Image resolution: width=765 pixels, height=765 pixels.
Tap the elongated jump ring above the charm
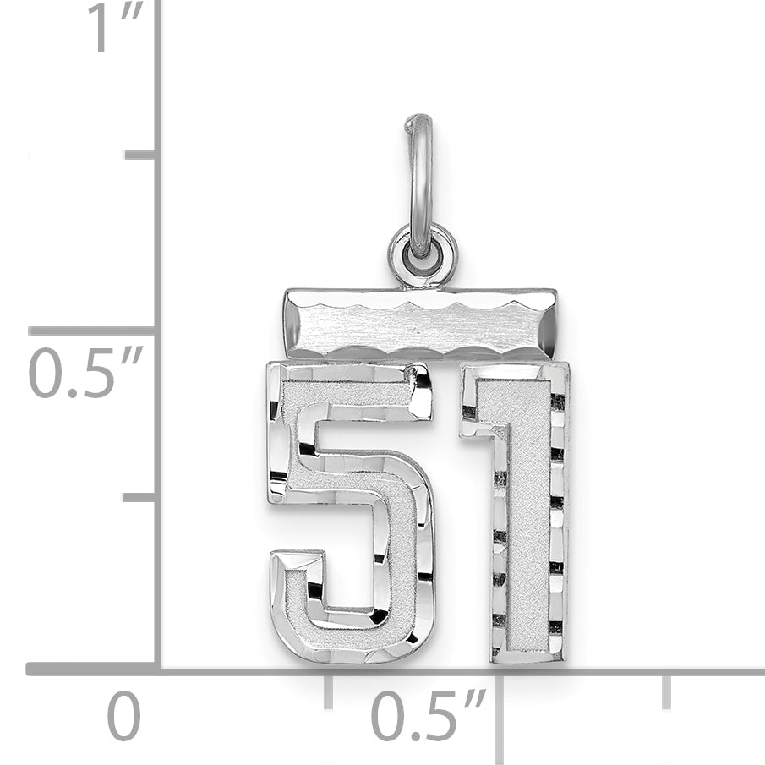coord(420,182)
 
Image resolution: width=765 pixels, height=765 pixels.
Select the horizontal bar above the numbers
coord(420,325)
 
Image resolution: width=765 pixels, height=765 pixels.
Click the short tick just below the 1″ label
coord(139,155)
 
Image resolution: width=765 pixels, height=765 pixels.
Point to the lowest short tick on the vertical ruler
coord(139,496)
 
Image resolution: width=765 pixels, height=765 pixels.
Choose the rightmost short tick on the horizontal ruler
coord(666,691)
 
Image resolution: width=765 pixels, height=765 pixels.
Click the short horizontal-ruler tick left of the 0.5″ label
coord(329,691)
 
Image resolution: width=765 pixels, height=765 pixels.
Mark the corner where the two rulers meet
coord(158,669)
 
